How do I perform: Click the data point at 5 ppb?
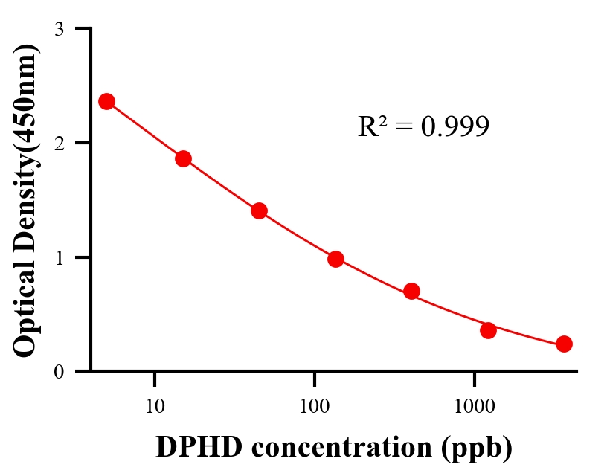coord(106,101)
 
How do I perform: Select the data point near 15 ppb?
coord(183,158)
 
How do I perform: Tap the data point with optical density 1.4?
coord(259,210)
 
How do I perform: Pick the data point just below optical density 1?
coord(335,259)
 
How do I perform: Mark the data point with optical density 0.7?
coord(411,291)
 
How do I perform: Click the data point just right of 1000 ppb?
coord(488,330)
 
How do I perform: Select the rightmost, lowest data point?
coord(564,344)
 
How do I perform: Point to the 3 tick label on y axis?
coord(59,29)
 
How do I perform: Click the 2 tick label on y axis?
coord(59,143)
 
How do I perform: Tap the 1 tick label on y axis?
coord(59,257)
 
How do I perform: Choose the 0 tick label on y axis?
coord(59,371)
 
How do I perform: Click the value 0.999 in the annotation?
coord(455,127)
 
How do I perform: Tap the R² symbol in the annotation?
coord(372,126)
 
